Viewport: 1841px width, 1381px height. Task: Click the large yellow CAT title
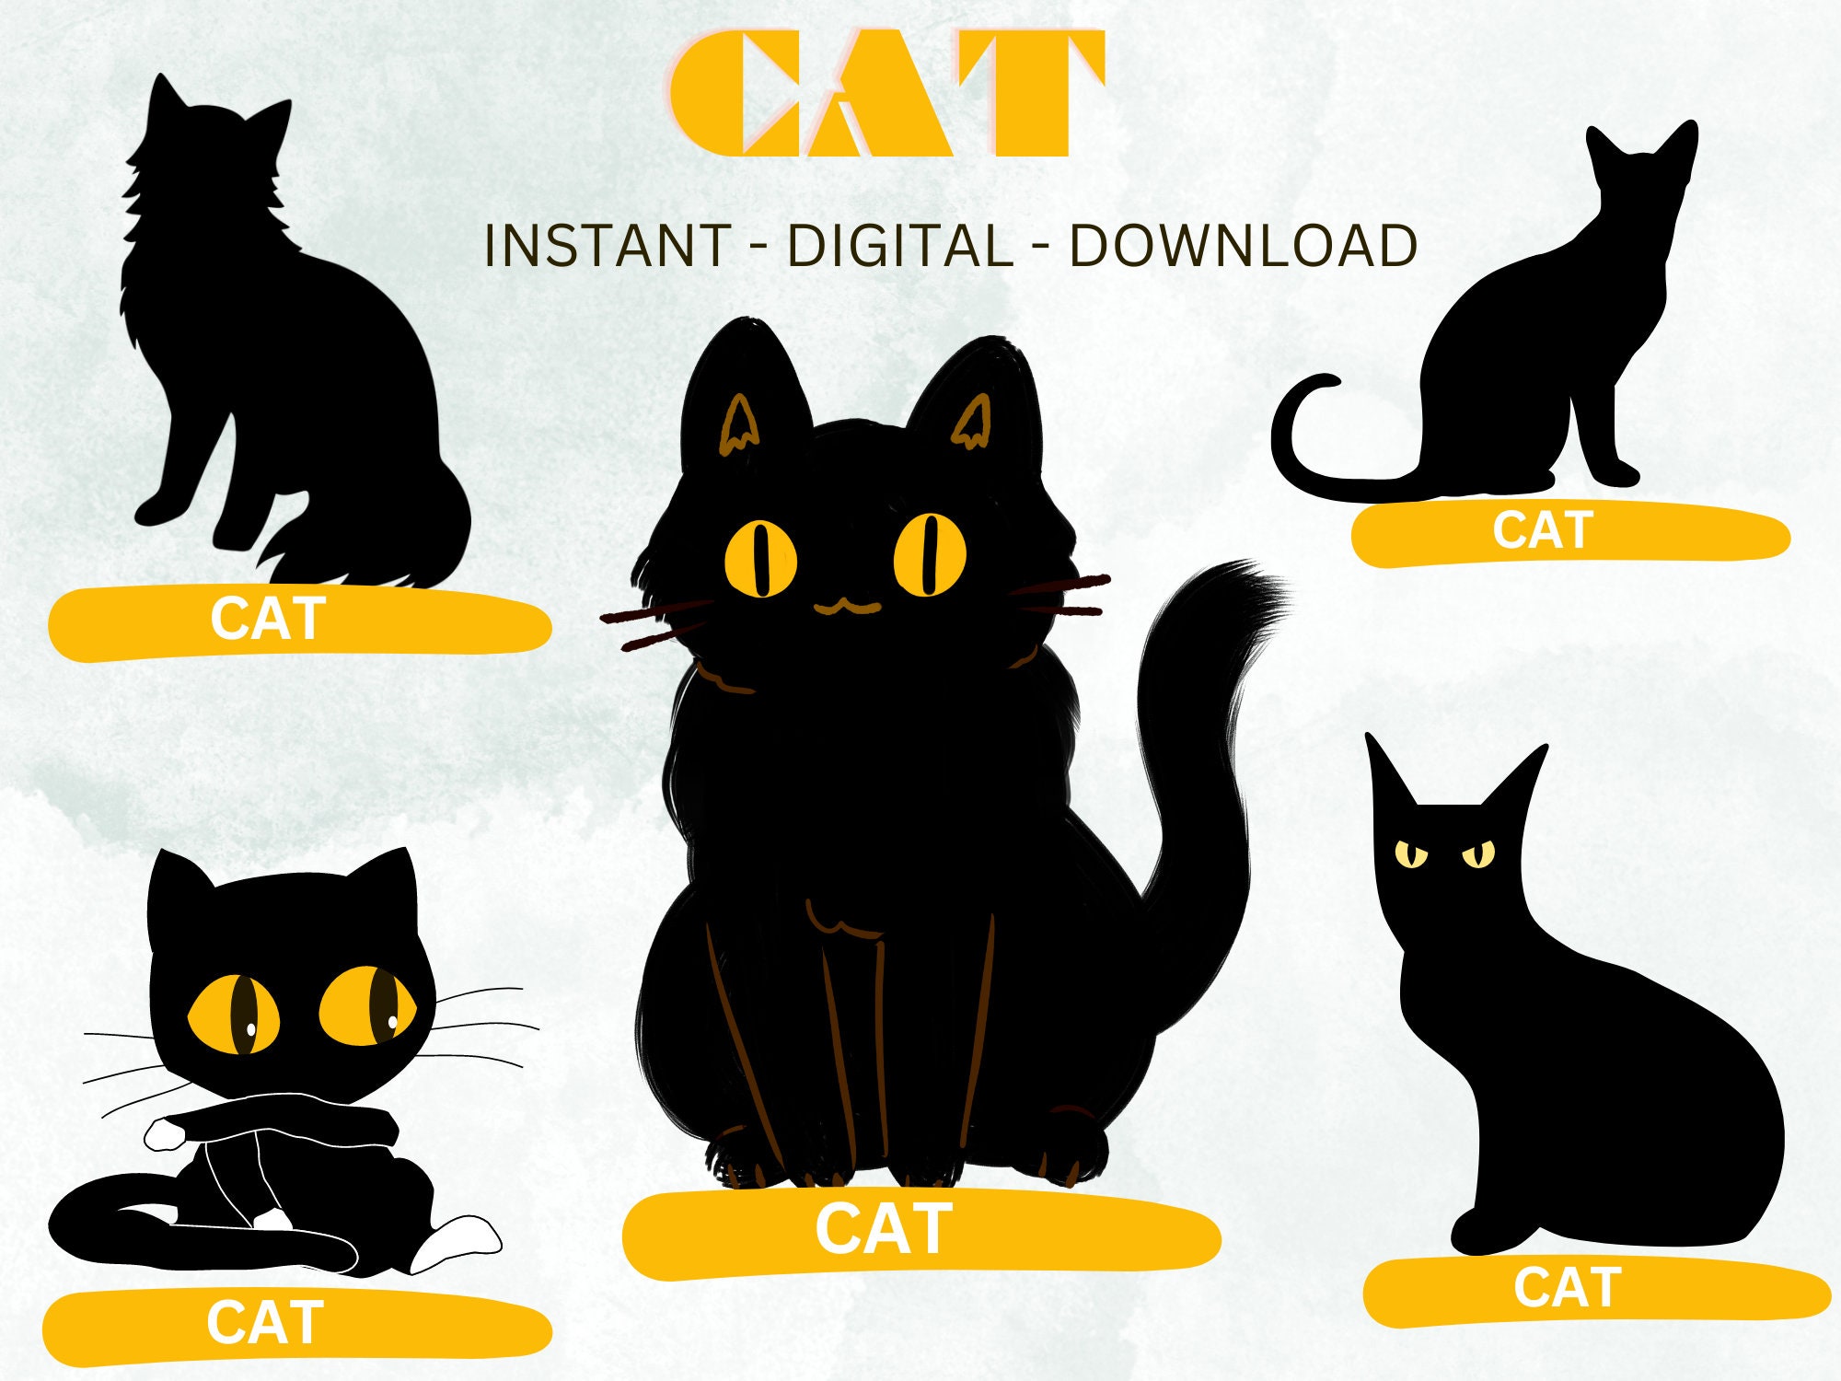point(886,94)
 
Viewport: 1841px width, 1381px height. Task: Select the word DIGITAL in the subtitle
point(899,247)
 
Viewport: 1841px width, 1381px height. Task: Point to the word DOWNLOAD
point(1243,247)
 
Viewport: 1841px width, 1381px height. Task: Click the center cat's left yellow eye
point(760,558)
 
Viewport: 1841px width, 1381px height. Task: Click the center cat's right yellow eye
point(930,554)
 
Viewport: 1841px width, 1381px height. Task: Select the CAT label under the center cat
point(884,1229)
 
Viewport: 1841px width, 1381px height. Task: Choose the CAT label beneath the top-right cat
point(1543,531)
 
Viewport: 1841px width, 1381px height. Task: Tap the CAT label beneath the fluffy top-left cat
point(268,619)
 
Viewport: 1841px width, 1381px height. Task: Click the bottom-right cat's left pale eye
point(1410,854)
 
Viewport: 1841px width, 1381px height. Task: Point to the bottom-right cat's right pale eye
point(1478,854)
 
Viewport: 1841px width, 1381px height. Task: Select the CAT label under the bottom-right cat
point(1567,1288)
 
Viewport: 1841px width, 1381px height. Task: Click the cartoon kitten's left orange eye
point(234,1014)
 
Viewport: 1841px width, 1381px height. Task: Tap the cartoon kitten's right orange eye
point(367,1005)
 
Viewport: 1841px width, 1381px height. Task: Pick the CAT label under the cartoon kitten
point(265,1324)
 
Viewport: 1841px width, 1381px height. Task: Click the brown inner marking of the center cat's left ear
point(738,426)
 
